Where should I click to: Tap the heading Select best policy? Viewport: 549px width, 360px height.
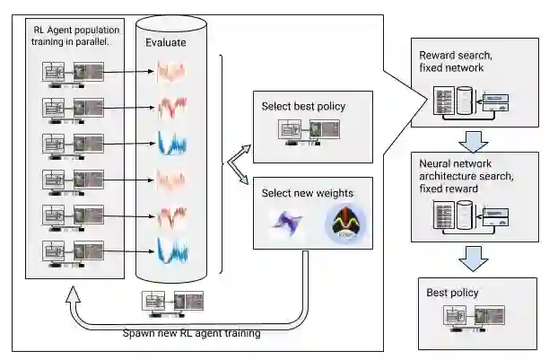coord(303,106)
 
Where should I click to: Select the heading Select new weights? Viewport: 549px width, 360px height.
coord(307,193)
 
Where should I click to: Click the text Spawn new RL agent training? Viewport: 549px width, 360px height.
coord(191,334)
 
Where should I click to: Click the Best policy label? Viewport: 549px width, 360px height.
coord(453,293)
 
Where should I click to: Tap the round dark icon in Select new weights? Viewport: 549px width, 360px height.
coord(343,224)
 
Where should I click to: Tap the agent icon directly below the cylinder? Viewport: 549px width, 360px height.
coord(171,302)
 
